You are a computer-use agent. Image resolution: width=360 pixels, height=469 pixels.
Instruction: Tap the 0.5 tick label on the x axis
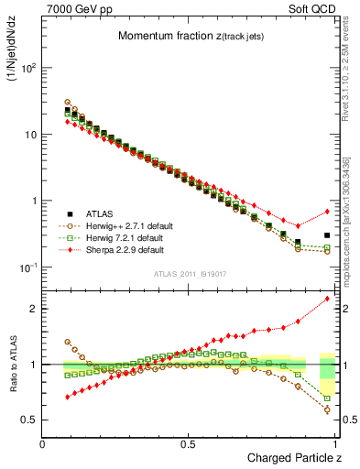pyautogui.click(x=188, y=442)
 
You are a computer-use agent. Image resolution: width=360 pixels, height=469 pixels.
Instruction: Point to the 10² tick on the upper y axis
pyautogui.click(x=27, y=69)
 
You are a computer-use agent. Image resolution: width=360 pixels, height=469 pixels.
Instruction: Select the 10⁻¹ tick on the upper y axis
pyautogui.click(x=27, y=267)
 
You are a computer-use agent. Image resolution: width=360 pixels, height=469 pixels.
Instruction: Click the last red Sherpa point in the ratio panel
pyautogui.click(x=327, y=299)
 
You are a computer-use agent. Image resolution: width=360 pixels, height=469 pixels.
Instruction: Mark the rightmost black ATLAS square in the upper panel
pyautogui.click(x=327, y=235)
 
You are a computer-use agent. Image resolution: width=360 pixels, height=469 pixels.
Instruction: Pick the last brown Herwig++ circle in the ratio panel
pyautogui.click(x=327, y=409)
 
